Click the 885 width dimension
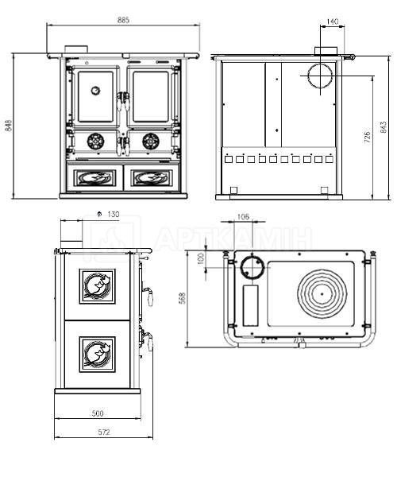pyautogui.click(x=123, y=20)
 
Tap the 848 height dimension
pyautogui.click(x=9, y=126)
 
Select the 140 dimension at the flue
pyautogui.click(x=333, y=21)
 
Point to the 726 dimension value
pyautogui.click(x=367, y=138)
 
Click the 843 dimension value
pyautogui.click(x=384, y=127)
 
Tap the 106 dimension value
pyautogui.click(x=243, y=216)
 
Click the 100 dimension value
pyautogui.click(x=201, y=259)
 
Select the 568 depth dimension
pyautogui.click(x=183, y=298)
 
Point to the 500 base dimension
pyautogui.click(x=98, y=413)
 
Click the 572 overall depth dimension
pyautogui.click(x=103, y=432)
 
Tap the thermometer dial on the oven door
pyautogui.click(x=95, y=91)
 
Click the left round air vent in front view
pyautogui.click(x=96, y=142)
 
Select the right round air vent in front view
pyautogui.click(x=151, y=142)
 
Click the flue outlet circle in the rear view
pyautogui.click(x=320, y=76)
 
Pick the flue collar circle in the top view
pyautogui.click(x=252, y=267)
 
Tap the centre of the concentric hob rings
pyautogui.click(x=322, y=294)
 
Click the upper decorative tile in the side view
pyautogui.click(x=98, y=286)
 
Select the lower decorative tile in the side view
pyautogui.click(x=98, y=354)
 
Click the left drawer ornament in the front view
pyautogui.click(x=95, y=177)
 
